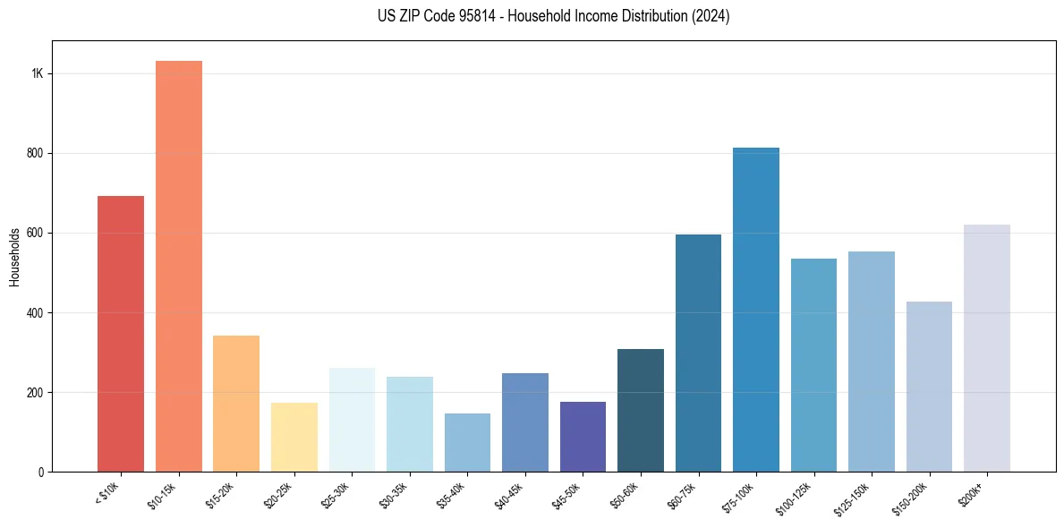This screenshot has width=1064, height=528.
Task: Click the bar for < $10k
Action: (x=121, y=334)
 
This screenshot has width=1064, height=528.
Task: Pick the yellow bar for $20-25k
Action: (x=294, y=438)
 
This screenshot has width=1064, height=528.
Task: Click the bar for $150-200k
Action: (x=929, y=387)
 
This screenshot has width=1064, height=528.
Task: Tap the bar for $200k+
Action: (x=987, y=348)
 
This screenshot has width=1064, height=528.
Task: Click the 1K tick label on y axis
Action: (x=38, y=73)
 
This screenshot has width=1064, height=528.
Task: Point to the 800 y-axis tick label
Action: (x=35, y=153)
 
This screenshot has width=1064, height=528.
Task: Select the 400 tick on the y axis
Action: (x=35, y=312)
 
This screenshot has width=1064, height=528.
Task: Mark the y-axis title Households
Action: (x=15, y=257)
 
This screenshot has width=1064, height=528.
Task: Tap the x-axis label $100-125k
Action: (x=796, y=496)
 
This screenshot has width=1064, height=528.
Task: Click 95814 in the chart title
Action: (x=470, y=16)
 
